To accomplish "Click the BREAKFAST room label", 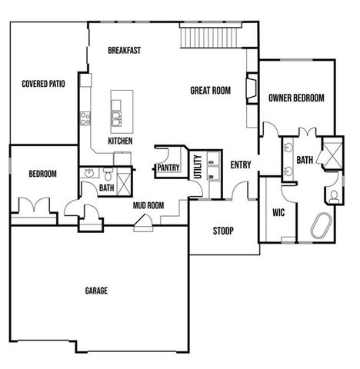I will [124, 50].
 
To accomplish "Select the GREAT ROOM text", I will [210, 91].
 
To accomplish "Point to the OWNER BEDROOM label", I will [295, 98].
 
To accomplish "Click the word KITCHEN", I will [120, 141].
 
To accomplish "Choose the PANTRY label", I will [168, 168].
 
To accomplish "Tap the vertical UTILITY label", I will [198, 167].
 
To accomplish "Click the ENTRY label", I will [241, 164].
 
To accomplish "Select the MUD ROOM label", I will [148, 205].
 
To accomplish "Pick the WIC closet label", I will [278, 212].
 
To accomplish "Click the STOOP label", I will [223, 231].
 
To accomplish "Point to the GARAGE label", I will [96, 291].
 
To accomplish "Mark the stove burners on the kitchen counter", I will [85, 118].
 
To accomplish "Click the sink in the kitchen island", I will [116, 118].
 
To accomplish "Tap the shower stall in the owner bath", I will [333, 154].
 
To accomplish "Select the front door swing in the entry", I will [239, 188].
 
